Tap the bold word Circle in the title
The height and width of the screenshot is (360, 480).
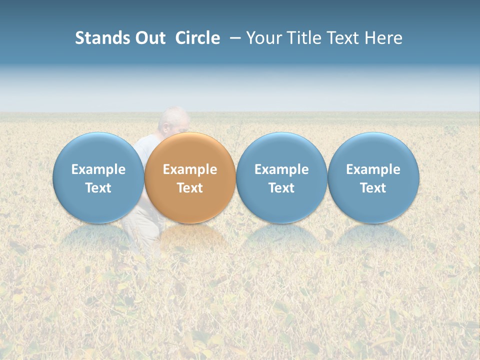(x=197, y=38)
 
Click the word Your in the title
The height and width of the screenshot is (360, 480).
(x=262, y=38)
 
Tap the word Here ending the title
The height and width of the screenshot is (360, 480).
(x=384, y=38)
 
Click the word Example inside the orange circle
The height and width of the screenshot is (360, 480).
(x=190, y=169)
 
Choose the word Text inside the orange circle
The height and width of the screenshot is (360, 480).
(x=190, y=188)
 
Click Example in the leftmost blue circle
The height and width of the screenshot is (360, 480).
(x=98, y=169)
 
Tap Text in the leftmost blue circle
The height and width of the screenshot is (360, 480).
(x=98, y=188)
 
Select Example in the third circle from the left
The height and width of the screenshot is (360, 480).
(x=281, y=169)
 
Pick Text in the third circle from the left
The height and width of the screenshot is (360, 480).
(x=281, y=188)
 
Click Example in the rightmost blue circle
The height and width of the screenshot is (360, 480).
(x=373, y=169)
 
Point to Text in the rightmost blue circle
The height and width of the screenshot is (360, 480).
(x=373, y=188)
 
